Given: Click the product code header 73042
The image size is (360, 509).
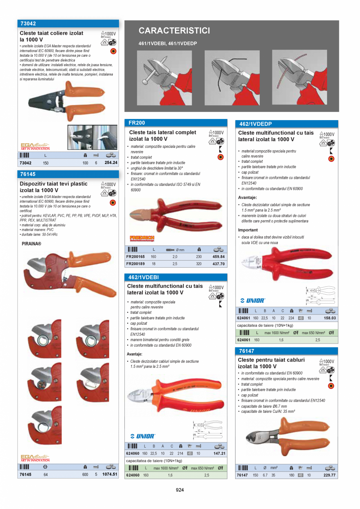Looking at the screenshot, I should (28, 23).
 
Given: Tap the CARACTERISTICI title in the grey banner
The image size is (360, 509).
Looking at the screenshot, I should (174, 31).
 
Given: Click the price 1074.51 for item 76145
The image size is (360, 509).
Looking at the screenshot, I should (110, 474).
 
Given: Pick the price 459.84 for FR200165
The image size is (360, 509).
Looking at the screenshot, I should (218, 257).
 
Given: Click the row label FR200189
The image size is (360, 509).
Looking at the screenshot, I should (135, 264).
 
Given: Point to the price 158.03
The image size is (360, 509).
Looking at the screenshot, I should (330, 318).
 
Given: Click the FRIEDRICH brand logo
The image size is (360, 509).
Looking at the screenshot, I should (142, 238).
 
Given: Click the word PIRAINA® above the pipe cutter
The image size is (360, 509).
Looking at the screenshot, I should (31, 244).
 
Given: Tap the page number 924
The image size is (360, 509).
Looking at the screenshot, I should (180, 490).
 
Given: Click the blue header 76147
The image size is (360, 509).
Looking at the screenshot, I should (247, 351).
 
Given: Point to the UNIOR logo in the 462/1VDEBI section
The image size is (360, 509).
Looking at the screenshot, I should (143, 436).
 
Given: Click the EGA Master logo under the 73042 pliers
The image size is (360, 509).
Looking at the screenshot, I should (35, 146).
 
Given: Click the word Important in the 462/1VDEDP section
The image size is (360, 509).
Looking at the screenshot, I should (248, 230).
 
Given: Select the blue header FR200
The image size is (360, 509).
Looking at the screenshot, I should (137, 123).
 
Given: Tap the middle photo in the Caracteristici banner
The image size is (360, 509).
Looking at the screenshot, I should (232, 77).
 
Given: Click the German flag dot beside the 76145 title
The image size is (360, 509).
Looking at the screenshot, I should (113, 203).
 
